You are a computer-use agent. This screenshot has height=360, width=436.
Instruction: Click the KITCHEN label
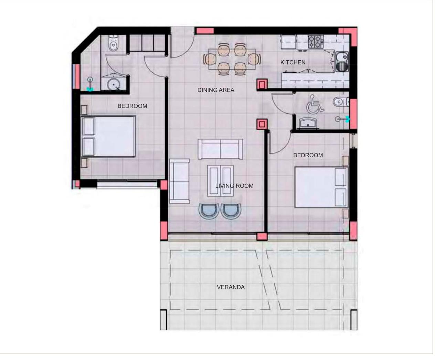tap(293, 62)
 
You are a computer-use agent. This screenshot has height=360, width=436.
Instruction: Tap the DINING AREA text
tap(215, 90)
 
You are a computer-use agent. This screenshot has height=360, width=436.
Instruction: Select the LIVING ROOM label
tap(234, 186)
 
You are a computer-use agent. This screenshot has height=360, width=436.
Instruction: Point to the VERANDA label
tap(231, 287)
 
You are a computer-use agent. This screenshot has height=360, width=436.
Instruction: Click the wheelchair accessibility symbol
tap(315, 104)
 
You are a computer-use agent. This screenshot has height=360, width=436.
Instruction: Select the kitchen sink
tap(342, 61)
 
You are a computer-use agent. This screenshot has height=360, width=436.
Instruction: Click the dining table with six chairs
tap(231, 59)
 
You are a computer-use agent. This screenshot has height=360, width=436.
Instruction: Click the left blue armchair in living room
tap(209, 210)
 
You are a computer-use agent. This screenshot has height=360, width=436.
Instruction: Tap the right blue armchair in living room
tap(231, 210)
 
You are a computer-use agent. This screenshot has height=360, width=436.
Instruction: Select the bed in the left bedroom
tap(108, 136)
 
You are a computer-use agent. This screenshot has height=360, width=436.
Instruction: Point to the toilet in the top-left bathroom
tap(113, 43)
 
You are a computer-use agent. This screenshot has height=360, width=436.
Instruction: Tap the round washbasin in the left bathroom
tap(113, 84)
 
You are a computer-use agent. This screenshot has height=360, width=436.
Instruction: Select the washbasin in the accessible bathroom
tap(308, 123)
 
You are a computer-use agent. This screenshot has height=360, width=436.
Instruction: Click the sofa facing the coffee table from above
tap(220, 149)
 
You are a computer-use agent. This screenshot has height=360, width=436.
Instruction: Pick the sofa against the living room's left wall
tap(179, 181)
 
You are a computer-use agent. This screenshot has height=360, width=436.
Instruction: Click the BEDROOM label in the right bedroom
tap(308, 155)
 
